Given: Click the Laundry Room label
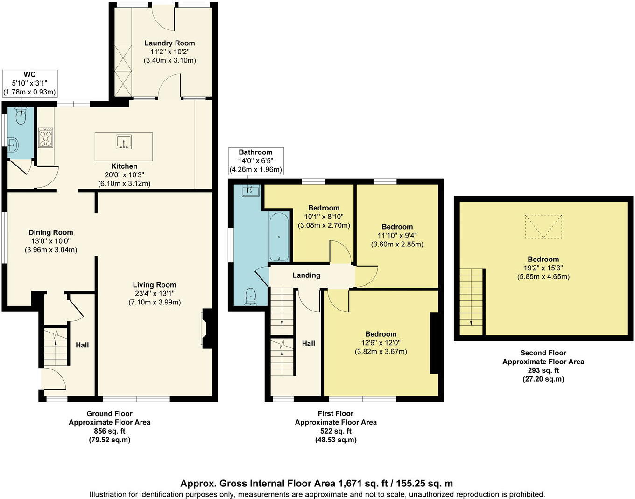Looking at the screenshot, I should [x=169, y=43].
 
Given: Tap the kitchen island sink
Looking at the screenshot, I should [x=124, y=142].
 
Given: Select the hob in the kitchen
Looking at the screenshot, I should [x=46, y=138].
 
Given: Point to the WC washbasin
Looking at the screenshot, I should [x=13, y=145].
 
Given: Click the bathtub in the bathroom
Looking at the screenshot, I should [x=279, y=237].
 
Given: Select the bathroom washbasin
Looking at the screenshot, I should [x=251, y=190].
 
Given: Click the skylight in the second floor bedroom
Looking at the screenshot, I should [x=543, y=226].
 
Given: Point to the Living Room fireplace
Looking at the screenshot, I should [x=206, y=329].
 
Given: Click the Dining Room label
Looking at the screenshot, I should [x=51, y=232].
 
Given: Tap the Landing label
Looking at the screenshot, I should [x=306, y=275].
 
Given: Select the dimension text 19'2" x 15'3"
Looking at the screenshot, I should [x=543, y=268].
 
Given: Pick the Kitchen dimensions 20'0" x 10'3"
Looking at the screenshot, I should [x=124, y=175].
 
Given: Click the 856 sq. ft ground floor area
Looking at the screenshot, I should [x=110, y=431].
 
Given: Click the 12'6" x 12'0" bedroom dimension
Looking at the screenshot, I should [x=381, y=343].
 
